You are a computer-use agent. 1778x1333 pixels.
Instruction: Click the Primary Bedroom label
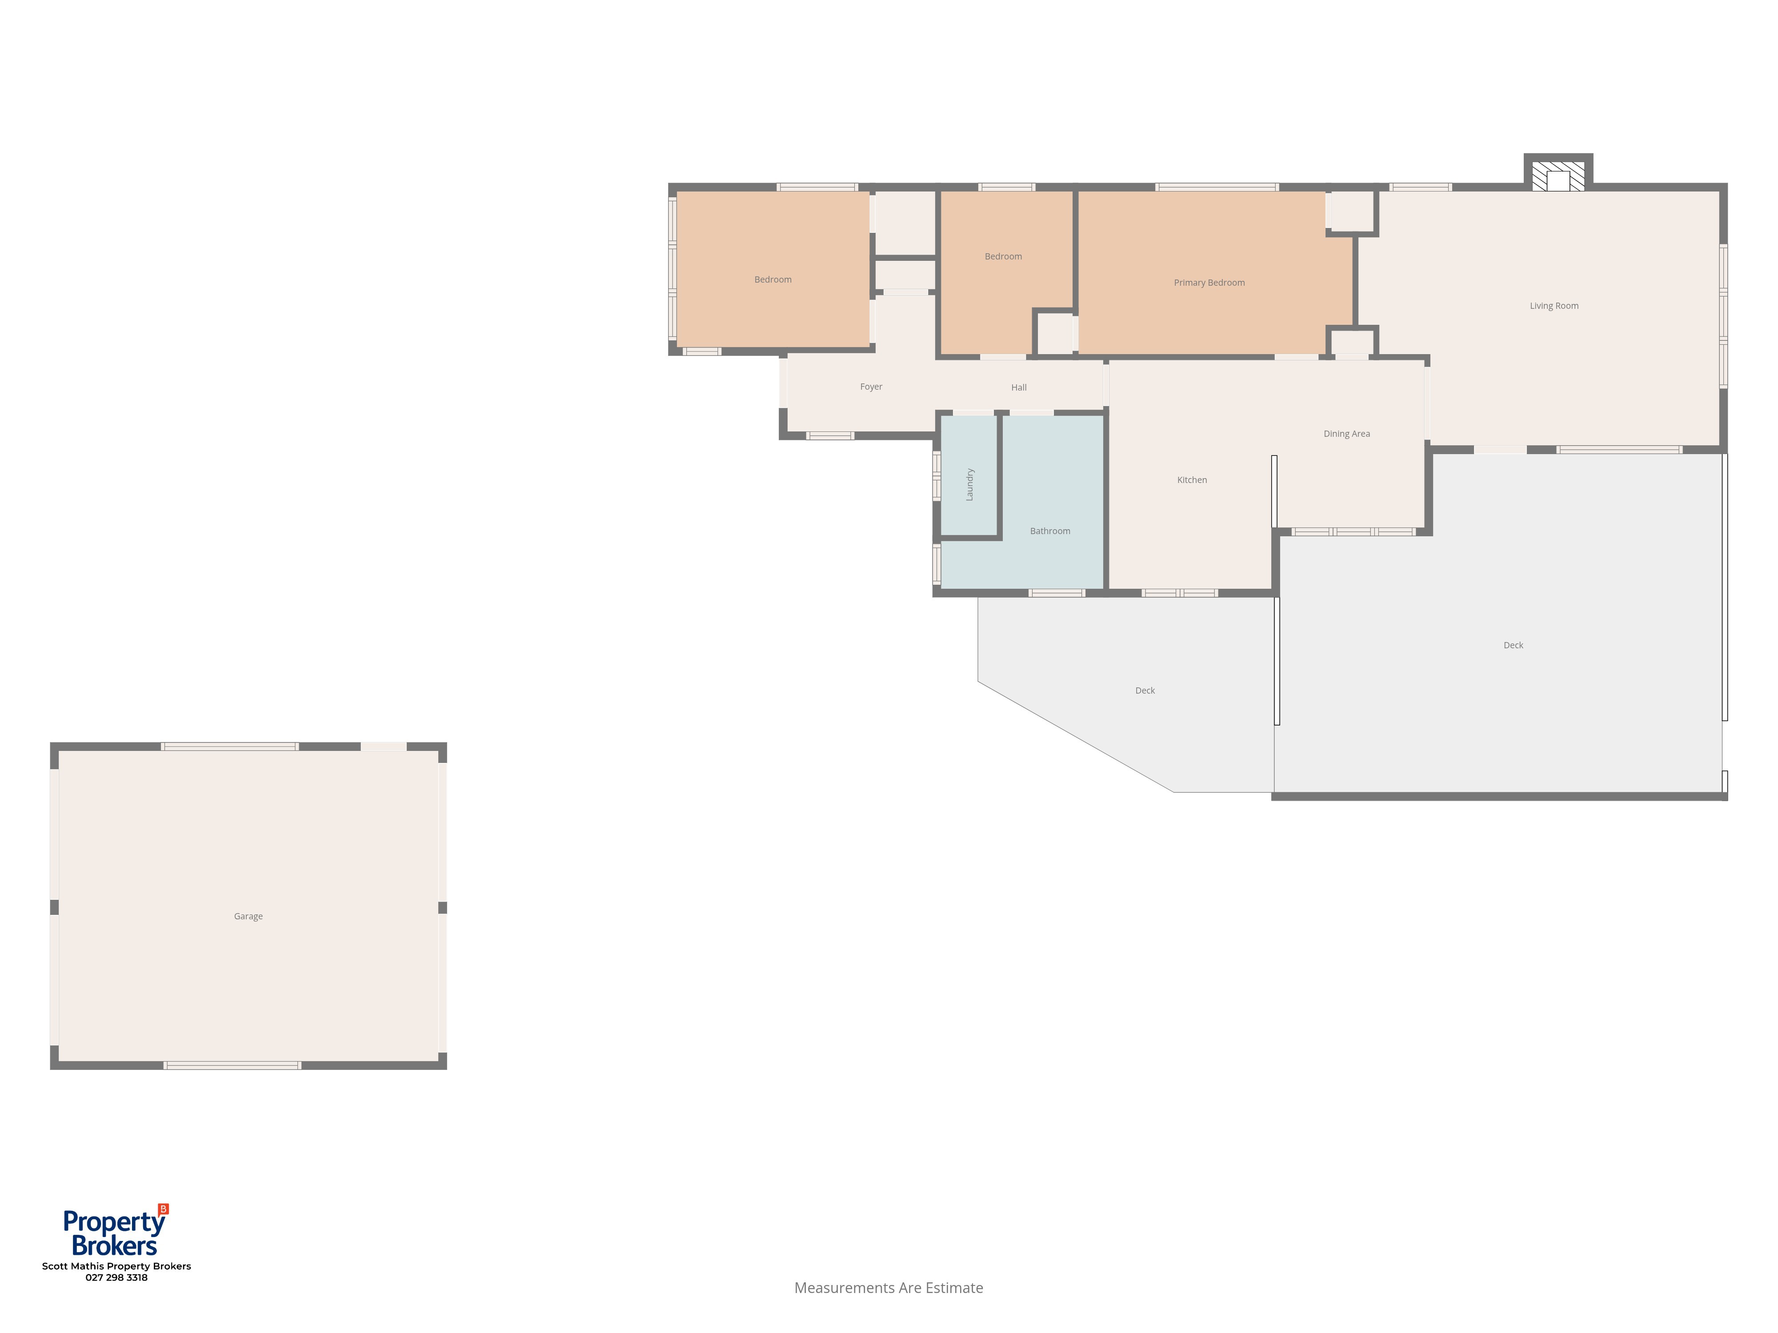click(x=1209, y=283)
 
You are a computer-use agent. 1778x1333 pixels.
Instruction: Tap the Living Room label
click(x=1554, y=306)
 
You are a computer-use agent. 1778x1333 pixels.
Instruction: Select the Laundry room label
click(x=969, y=484)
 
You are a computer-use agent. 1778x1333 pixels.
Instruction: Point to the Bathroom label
click(x=1050, y=531)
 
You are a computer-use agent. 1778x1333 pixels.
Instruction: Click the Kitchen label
click(x=1192, y=480)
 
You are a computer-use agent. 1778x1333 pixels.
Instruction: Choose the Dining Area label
click(x=1346, y=434)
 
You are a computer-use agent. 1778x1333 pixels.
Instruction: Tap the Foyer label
click(x=871, y=387)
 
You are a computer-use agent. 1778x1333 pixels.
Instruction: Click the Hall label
click(x=1018, y=387)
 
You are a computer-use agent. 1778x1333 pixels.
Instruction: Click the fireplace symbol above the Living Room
click(x=1558, y=176)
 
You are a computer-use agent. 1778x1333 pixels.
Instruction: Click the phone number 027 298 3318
click(x=116, y=1277)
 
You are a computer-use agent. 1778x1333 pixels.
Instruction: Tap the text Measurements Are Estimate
click(x=888, y=1288)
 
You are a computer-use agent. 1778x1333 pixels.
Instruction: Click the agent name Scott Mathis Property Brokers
click(x=116, y=1266)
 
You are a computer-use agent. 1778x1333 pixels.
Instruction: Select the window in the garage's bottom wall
click(x=232, y=1066)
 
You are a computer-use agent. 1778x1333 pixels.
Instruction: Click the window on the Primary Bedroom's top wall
click(x=1217, y=187)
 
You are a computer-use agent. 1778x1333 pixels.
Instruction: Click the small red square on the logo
click(x=164, y=1209)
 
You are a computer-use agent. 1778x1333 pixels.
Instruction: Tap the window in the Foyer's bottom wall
click(x=830, y=435)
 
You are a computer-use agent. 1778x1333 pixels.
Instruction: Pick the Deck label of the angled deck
click(x=1145, y=691)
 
